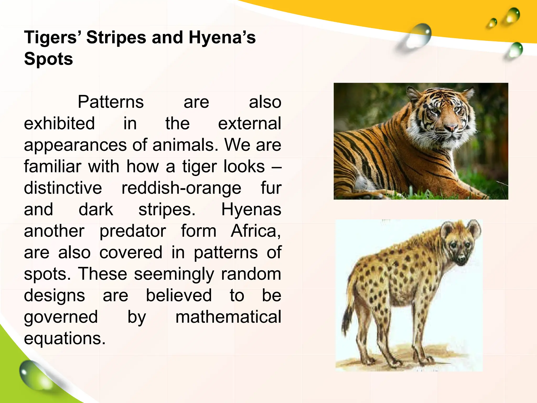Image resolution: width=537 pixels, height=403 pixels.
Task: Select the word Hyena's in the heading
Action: click(x=222, y=37)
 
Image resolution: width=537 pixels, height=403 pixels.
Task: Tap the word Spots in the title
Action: click(x=49, y=59)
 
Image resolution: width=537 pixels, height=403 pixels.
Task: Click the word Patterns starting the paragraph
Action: click(x=111, y=102)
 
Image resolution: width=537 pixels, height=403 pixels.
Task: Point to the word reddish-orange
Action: click(x=181, y=188)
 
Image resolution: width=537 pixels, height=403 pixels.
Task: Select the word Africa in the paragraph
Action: click(x=255, y=231)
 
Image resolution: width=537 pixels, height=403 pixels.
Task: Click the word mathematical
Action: click(x=228, y=317)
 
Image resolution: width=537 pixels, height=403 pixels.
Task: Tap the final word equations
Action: click(x=65, y=338)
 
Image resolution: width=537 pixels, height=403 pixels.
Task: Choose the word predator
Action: click(x=133, y=231)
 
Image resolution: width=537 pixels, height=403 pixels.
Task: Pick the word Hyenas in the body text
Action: click(x=251, y=209)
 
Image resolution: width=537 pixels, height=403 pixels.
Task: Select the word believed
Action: click(x=179, y=295)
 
